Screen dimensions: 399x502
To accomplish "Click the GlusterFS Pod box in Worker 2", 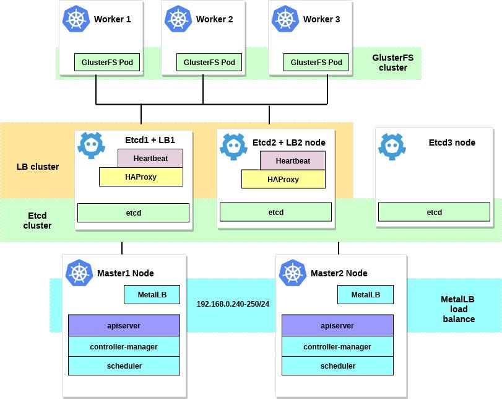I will pos(209,63).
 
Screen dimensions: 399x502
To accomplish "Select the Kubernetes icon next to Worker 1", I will pos(76,19).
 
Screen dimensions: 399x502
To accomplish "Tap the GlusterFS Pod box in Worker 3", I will pos(316,63).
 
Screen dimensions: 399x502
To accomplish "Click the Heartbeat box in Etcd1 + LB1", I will pos(150,159).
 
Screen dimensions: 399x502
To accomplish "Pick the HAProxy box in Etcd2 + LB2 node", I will pos(283,179).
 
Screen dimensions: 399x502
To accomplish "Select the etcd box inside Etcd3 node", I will pos(434,213).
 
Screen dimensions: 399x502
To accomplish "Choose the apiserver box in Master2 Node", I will pos(337,326).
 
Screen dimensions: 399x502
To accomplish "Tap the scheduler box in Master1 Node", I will pos(124,366).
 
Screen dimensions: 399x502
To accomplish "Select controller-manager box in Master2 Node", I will pos(337,346).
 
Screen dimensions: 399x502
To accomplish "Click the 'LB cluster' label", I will pos(38,167).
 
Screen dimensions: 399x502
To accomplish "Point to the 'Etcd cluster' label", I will pos(38,221).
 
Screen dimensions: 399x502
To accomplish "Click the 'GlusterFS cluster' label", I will pos(392,63).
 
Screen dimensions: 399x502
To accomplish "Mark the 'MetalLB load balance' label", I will pos(458,309).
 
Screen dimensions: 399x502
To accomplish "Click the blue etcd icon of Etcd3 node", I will pos(392,147).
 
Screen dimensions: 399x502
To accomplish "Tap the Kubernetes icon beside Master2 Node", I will pos(292,273).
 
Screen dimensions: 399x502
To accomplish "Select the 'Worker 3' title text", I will pos(321,19).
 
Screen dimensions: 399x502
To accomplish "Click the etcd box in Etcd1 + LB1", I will pos(133,213).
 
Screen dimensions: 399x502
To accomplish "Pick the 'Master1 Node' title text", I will pos(126,273).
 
